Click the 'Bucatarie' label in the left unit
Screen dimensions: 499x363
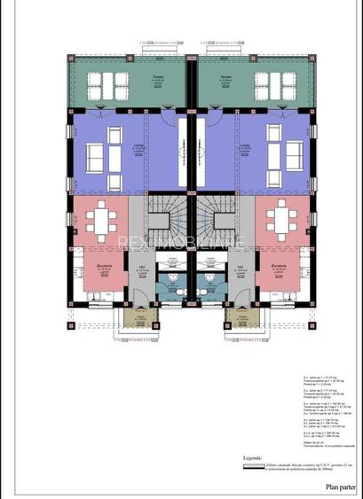point(105,265)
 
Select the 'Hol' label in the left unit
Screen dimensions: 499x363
point(142,266)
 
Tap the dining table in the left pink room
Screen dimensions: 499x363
point(105,218)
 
